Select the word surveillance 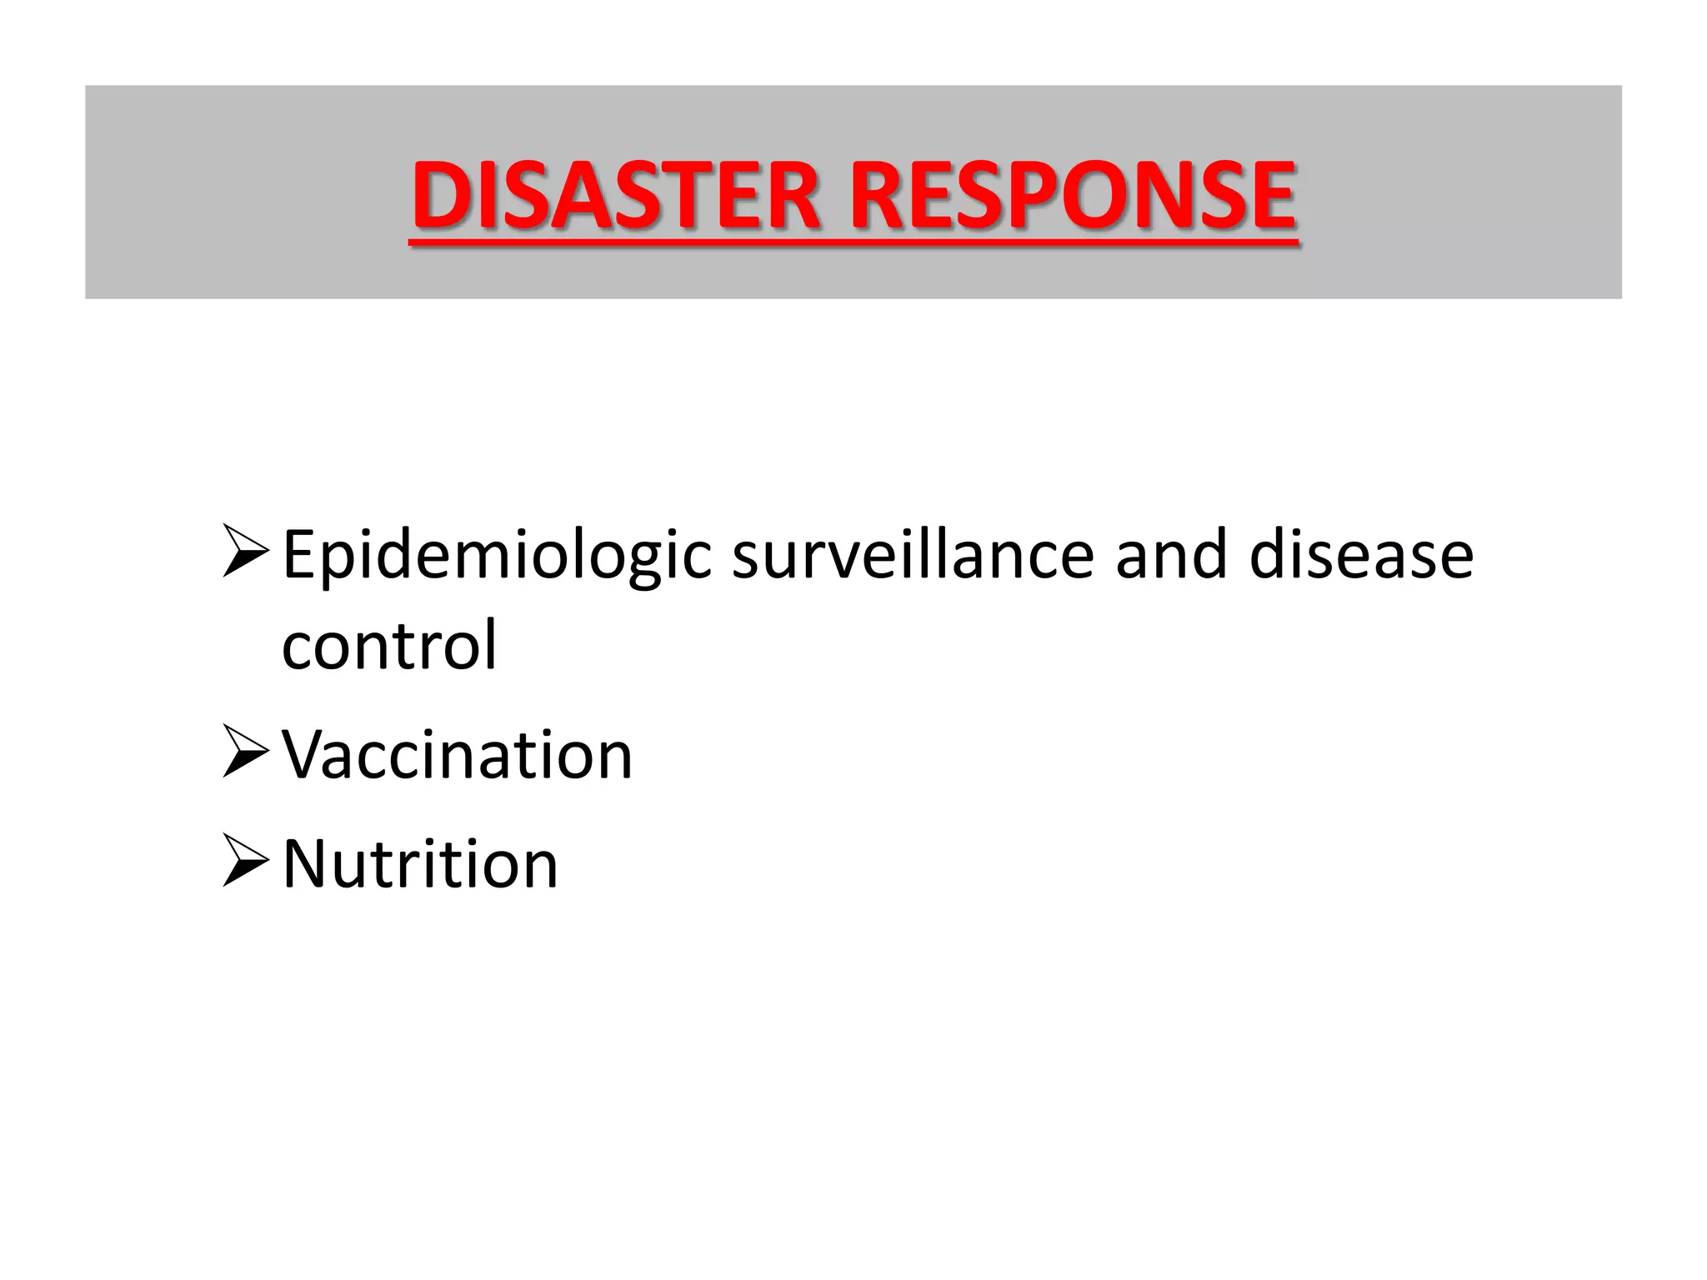913,555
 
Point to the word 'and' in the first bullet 1171,555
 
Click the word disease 1361,555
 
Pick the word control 389,645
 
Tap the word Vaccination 458,755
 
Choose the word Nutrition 420,864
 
